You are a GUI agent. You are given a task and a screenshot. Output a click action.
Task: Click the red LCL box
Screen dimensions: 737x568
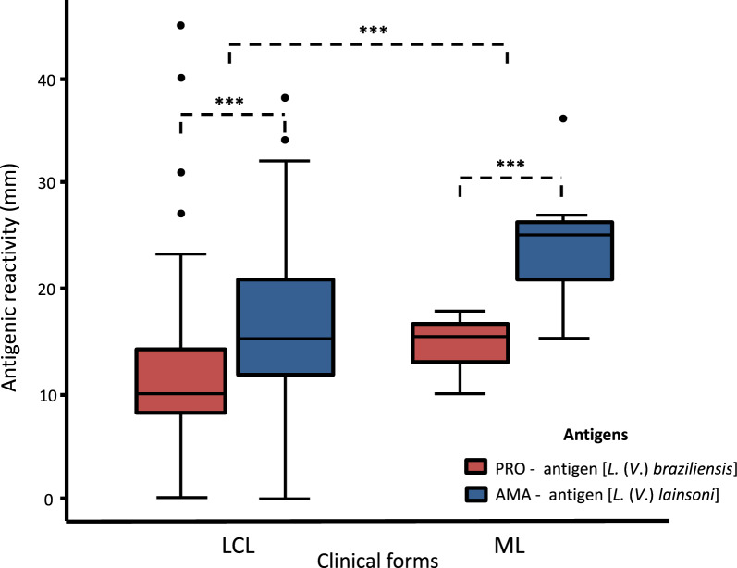click(x=181, y=381)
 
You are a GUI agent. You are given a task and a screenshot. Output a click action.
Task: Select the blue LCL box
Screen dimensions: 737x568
click(x=286, y=327)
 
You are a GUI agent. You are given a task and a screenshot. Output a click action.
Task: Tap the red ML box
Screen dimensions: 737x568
click(x=461, y=343)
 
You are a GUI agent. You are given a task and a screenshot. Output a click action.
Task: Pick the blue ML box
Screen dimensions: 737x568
click(x=565, y=251)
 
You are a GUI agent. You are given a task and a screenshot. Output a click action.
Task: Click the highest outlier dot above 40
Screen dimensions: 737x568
click(x=180, y=25)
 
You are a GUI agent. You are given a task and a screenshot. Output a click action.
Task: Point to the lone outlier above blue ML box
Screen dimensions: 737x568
click(x=563, y=118)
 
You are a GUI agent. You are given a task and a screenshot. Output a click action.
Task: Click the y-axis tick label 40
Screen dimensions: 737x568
click(x=46, y=80)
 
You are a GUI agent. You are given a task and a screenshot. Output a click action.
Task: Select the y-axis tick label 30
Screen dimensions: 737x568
click(x=46, y=183)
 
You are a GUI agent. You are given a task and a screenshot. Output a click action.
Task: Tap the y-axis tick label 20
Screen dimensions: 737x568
click(x=46, y=289)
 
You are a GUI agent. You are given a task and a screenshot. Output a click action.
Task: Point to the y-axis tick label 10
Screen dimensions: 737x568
click(x=46, y=395)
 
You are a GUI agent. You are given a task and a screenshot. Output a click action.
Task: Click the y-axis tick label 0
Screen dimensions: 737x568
click(x=49, y=500)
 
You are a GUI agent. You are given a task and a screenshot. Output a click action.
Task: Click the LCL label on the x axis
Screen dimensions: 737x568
click(x=239, y=546)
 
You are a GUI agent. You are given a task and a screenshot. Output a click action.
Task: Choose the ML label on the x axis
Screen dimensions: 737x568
click(x=510, y=546)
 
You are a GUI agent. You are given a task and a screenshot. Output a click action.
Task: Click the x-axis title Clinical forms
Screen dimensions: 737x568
click(x=377, y=560)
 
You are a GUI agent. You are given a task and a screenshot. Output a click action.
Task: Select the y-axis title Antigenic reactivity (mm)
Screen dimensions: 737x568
click(x=9, y=278)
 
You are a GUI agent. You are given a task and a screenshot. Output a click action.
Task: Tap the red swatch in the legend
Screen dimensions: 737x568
click(x=475, y=467)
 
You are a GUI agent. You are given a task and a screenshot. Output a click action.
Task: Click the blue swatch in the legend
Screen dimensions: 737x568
click(x=475, y=494)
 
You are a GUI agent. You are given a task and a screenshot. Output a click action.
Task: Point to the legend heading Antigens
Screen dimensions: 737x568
click(x=596, y=435)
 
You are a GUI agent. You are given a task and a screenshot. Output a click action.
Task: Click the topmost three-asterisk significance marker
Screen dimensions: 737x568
click(x=374, y=31)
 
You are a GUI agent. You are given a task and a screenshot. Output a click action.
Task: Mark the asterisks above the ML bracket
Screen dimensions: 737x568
click(x=510, y=164)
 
